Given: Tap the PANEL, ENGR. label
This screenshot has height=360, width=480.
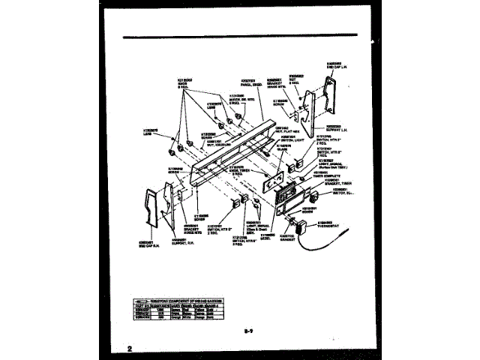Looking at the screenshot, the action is point(250,80).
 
